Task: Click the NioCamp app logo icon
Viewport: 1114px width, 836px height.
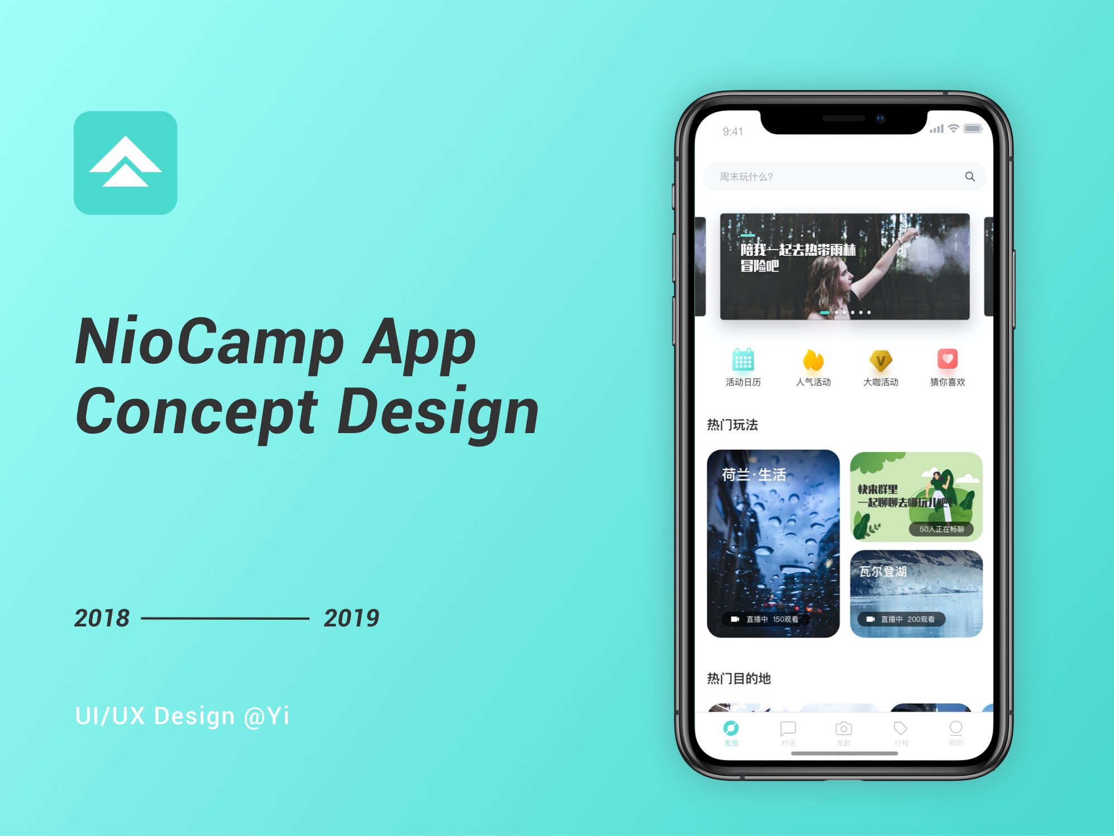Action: point(125,163)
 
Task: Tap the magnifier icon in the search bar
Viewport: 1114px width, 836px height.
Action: point(970,177)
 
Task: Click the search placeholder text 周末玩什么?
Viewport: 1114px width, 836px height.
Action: point(746,177)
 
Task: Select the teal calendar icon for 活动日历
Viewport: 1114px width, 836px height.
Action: point(743,359)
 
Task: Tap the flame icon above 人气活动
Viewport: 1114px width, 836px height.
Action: point(813,360)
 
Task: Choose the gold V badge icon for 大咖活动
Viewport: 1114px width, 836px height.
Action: point(880,360)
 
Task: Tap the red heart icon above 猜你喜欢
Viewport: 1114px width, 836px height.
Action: point(948,359)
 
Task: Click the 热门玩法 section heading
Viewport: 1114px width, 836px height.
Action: point(732,425)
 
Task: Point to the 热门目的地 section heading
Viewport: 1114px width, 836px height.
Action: point(739,678)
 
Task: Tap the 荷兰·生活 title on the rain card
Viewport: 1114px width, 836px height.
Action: point(754,475)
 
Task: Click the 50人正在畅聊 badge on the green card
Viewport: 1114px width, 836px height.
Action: point(941,529)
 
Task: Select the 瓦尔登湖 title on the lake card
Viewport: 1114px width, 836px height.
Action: point(883,571)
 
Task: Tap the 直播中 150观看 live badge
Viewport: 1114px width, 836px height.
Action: point(765,619)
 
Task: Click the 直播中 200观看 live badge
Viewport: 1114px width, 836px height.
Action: point(901,619)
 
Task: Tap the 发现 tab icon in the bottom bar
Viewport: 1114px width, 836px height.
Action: point(731,728)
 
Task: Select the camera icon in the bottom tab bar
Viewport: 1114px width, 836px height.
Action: point(844,728)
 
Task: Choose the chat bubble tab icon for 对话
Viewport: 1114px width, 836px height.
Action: point(788,728)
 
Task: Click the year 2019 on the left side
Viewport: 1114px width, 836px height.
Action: point(351,618)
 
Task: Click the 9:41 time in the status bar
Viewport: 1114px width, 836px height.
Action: point(732,132)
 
